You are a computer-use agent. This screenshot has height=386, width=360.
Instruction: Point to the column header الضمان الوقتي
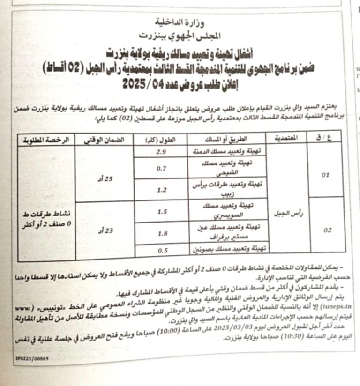tap(104, 140)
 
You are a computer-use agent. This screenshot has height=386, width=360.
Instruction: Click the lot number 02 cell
tap(325, 230)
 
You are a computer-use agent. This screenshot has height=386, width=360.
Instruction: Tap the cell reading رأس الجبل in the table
tap(285, 212)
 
